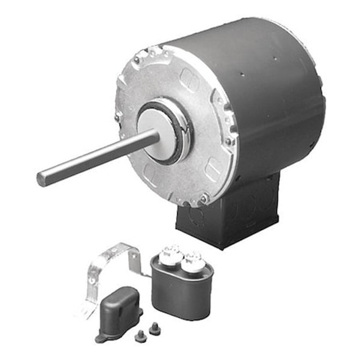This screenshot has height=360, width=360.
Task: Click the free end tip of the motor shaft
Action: click(x=41, y=178)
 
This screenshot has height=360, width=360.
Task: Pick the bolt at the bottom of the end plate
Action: click(x=204, y=198)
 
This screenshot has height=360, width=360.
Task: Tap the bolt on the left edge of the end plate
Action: click(x=118, y=116)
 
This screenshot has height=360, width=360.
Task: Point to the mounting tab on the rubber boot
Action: click(x=101, y=336)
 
